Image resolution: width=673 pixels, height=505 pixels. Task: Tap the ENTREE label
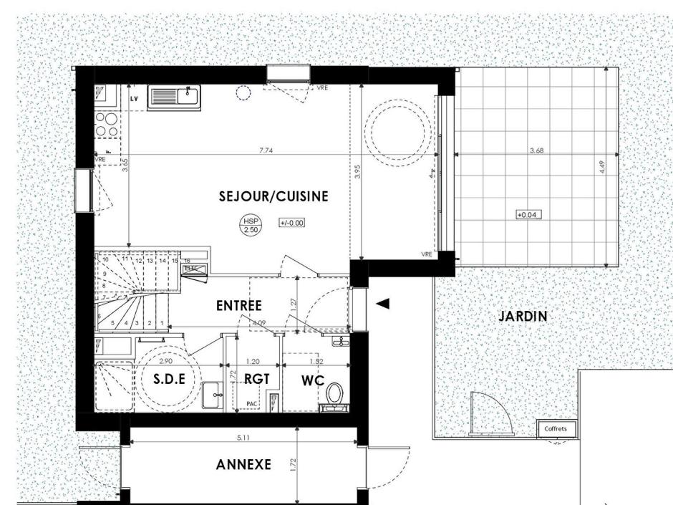(238, 306)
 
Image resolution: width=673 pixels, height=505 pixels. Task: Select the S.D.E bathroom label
(170, 380)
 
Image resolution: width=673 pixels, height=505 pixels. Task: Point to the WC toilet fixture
(334, 394)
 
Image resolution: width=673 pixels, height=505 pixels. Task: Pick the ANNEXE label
(243, 465)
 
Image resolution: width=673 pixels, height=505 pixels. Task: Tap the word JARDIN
(523, 315)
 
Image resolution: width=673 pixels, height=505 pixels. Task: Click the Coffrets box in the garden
(556, 428)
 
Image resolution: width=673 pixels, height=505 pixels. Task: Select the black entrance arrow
(383, 304)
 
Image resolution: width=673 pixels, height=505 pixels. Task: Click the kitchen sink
(175, 97)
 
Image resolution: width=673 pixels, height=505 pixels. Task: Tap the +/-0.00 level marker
(292, 223)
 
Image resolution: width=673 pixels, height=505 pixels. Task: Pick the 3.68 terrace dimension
(536, 150)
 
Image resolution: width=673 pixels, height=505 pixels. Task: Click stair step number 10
(105, 259)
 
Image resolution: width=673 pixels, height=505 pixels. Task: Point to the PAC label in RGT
(251, 404)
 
